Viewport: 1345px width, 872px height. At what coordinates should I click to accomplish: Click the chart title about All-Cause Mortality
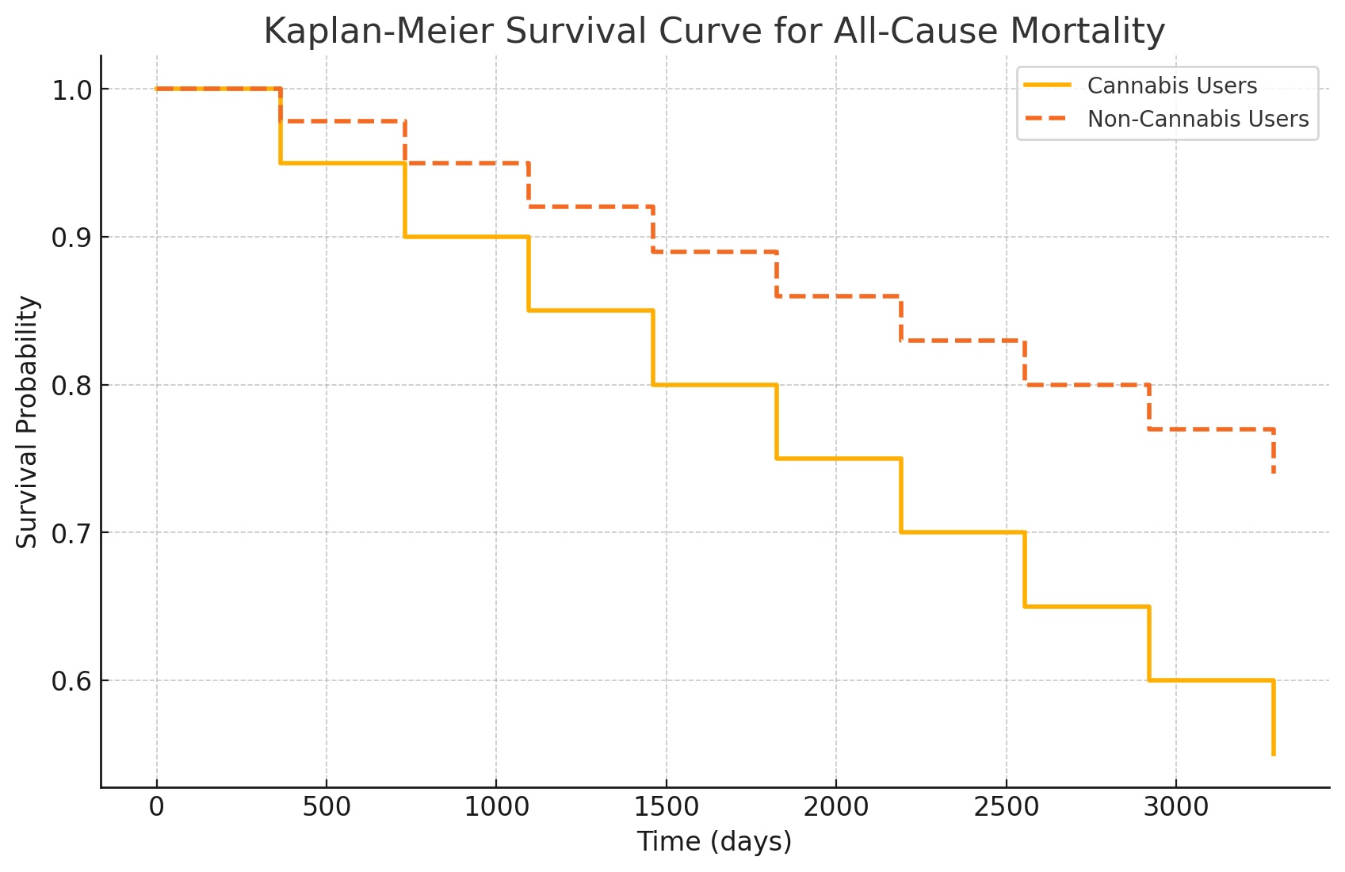pyautogui.click(x=713, y=32)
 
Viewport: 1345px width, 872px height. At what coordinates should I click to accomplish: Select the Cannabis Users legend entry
pyautogui.click(x=1171, y=86)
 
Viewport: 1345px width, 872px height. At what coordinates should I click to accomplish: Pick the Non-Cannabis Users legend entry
pyautogui.click(x=1197, y=119)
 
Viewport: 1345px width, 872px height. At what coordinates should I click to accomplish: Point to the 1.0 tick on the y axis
pyautogui.click(x=72, y=90)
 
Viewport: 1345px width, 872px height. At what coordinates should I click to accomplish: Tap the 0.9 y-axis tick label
pyautogui.click(x=72, y=238)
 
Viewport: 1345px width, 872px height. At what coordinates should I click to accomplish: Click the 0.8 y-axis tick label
pyautogui.click(x=72, y=386)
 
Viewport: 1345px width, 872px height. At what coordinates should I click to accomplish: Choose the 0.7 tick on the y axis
pyautogui.click(x=72, y=533)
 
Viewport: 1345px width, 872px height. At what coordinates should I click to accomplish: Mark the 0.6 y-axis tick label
pyautogui.click(x=72, y=681)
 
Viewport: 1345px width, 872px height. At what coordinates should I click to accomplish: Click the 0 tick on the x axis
pyautogui.click(x=157, y=807)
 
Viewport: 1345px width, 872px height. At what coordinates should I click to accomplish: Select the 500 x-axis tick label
pyautogui.click(x=327, y=807)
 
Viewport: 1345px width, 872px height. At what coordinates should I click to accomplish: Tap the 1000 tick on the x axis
pyautogui.click(x=496, y=807)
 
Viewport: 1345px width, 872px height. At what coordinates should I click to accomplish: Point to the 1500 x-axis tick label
pyautogui.click(x=666, y=807)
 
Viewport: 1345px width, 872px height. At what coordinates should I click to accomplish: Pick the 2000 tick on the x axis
pyautogui.click(x=836, y=807)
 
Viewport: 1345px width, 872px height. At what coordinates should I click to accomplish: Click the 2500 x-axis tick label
pyautogui.click(x=1006, y=807)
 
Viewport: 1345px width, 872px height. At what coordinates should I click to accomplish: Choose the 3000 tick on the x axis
pyautogui.click(x=1175, y=807)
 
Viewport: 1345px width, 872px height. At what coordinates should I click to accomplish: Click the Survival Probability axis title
pyautogui.click(x=28, y=421)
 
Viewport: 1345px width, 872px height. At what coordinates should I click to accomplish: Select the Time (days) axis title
pyautogui.click(x=714, y=841)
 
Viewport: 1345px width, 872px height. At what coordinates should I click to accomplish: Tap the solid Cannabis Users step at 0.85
pyautogui.click(x=590, y=310)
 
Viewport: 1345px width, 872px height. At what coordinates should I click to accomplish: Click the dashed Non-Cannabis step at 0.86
pyautogui.click(x=839, y=296)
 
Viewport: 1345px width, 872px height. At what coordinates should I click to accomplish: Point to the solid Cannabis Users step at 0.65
pyautogui.click(x=1087, y=607)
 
